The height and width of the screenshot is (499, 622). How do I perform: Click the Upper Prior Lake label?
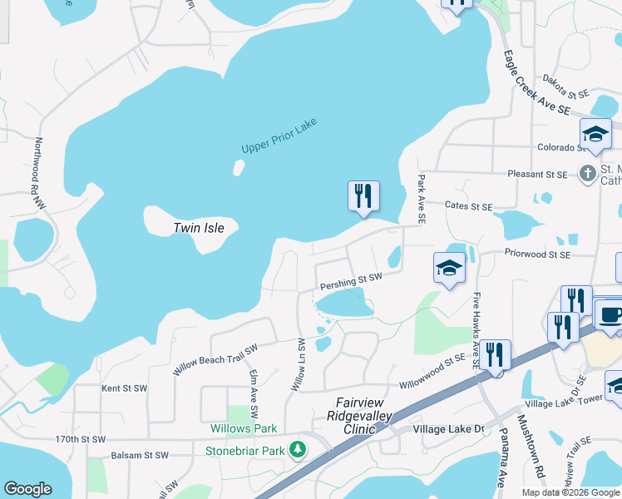point(279,136)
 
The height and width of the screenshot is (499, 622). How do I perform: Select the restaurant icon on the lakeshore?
point(363,196)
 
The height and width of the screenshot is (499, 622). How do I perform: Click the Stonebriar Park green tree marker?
point(299,450)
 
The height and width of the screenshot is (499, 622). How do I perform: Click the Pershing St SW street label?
point(351,282)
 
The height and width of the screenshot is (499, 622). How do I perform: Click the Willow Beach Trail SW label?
point(215,359)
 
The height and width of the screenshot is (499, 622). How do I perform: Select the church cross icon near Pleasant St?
point(588,174)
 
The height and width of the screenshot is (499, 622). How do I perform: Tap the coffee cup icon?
point(610,316)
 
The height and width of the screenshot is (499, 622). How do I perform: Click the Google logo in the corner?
point(27,489)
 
